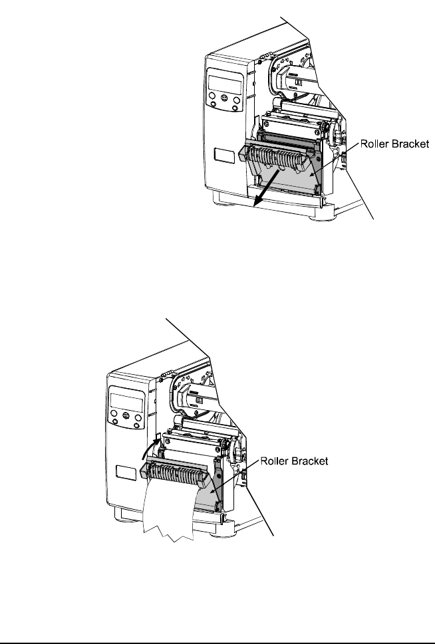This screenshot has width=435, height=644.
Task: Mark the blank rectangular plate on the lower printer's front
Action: point(125,473)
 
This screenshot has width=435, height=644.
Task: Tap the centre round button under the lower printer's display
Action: point(126,417)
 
